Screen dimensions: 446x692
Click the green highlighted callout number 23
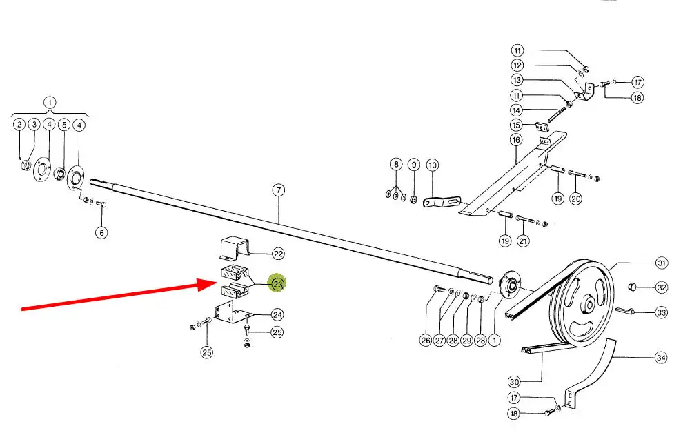tap(278, 283)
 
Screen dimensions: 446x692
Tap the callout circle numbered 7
tap(278, 190)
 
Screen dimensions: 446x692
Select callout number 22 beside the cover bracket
tap(278, 254)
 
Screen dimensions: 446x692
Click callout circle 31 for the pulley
tap(662, 263)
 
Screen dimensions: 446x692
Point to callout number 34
tap(662, 358)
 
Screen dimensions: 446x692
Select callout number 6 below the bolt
tap(101, 232)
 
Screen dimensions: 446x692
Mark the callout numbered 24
tap(277, 315)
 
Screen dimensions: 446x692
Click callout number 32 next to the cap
tap(662, 287)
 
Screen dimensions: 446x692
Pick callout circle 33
tap(662, 312)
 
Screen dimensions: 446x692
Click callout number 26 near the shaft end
tap(426, 339)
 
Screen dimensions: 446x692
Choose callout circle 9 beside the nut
tap(413, 165)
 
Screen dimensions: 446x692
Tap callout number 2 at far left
tap(19, 125)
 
